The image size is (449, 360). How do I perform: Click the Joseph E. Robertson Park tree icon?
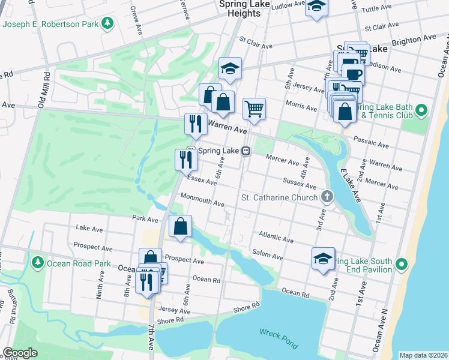107,23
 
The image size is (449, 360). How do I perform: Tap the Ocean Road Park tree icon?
37,263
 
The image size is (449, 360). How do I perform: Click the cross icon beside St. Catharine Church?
327,196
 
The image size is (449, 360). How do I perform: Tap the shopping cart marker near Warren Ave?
254,109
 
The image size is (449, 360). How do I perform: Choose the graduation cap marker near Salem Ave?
323,259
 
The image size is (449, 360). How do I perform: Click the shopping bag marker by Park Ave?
181,226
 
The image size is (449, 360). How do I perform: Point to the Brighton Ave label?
414,40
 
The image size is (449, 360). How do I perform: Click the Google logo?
20,353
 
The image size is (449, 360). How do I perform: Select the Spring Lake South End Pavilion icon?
402,264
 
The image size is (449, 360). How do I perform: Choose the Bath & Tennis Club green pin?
421,110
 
